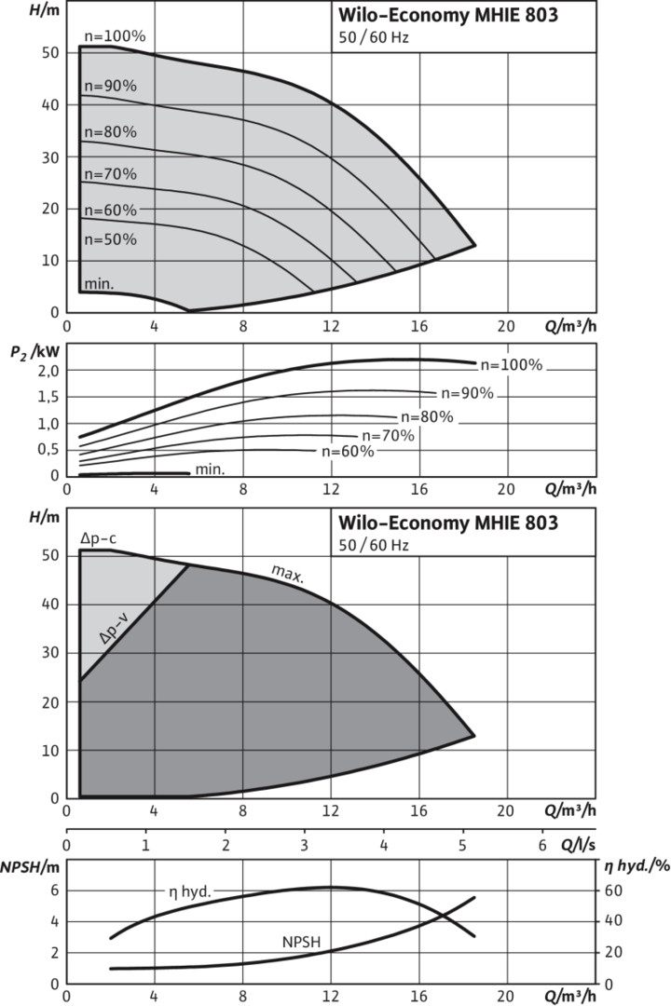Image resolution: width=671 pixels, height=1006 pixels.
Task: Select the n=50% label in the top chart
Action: [111, 239]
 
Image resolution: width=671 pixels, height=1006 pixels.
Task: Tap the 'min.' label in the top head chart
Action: [99, 283]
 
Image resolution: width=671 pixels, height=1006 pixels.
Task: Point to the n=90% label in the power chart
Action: [466, 393]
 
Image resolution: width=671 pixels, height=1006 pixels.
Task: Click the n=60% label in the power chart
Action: [348, 452]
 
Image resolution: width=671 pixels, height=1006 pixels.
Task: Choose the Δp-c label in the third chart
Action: [98, 538]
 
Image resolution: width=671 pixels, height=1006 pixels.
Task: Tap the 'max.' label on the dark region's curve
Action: [287, 572]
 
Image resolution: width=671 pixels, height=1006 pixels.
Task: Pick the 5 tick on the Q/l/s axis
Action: [463, 846]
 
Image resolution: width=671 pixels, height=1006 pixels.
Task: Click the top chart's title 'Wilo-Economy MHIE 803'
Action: [447, 15]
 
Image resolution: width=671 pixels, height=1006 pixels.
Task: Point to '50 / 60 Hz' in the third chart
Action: [374, 545]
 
